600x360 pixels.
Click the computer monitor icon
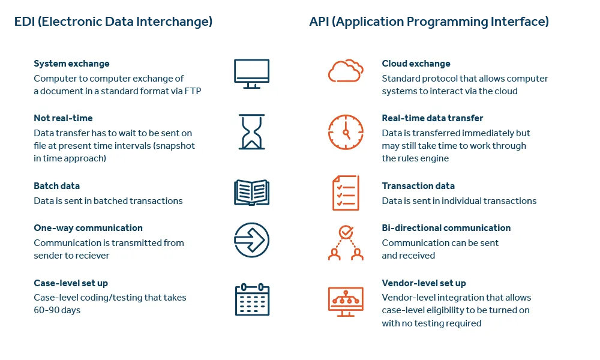point(251,73)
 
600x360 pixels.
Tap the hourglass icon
point(251,131)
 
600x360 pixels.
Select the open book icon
point(251,192)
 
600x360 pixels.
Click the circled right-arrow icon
point(251,240)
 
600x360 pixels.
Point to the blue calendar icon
point(251,299)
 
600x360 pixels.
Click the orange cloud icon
point(345,71)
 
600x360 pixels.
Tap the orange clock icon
point(346,131)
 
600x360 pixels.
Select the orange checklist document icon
point(346,193)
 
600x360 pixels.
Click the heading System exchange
point(71,64)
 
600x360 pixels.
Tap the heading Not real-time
point(63,118)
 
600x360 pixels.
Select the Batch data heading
point(56,186)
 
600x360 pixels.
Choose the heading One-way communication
point(88,228)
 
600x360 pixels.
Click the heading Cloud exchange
point(416,64)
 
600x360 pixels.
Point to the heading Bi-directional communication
point(446,228)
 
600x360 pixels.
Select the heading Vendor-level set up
point(424,283)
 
